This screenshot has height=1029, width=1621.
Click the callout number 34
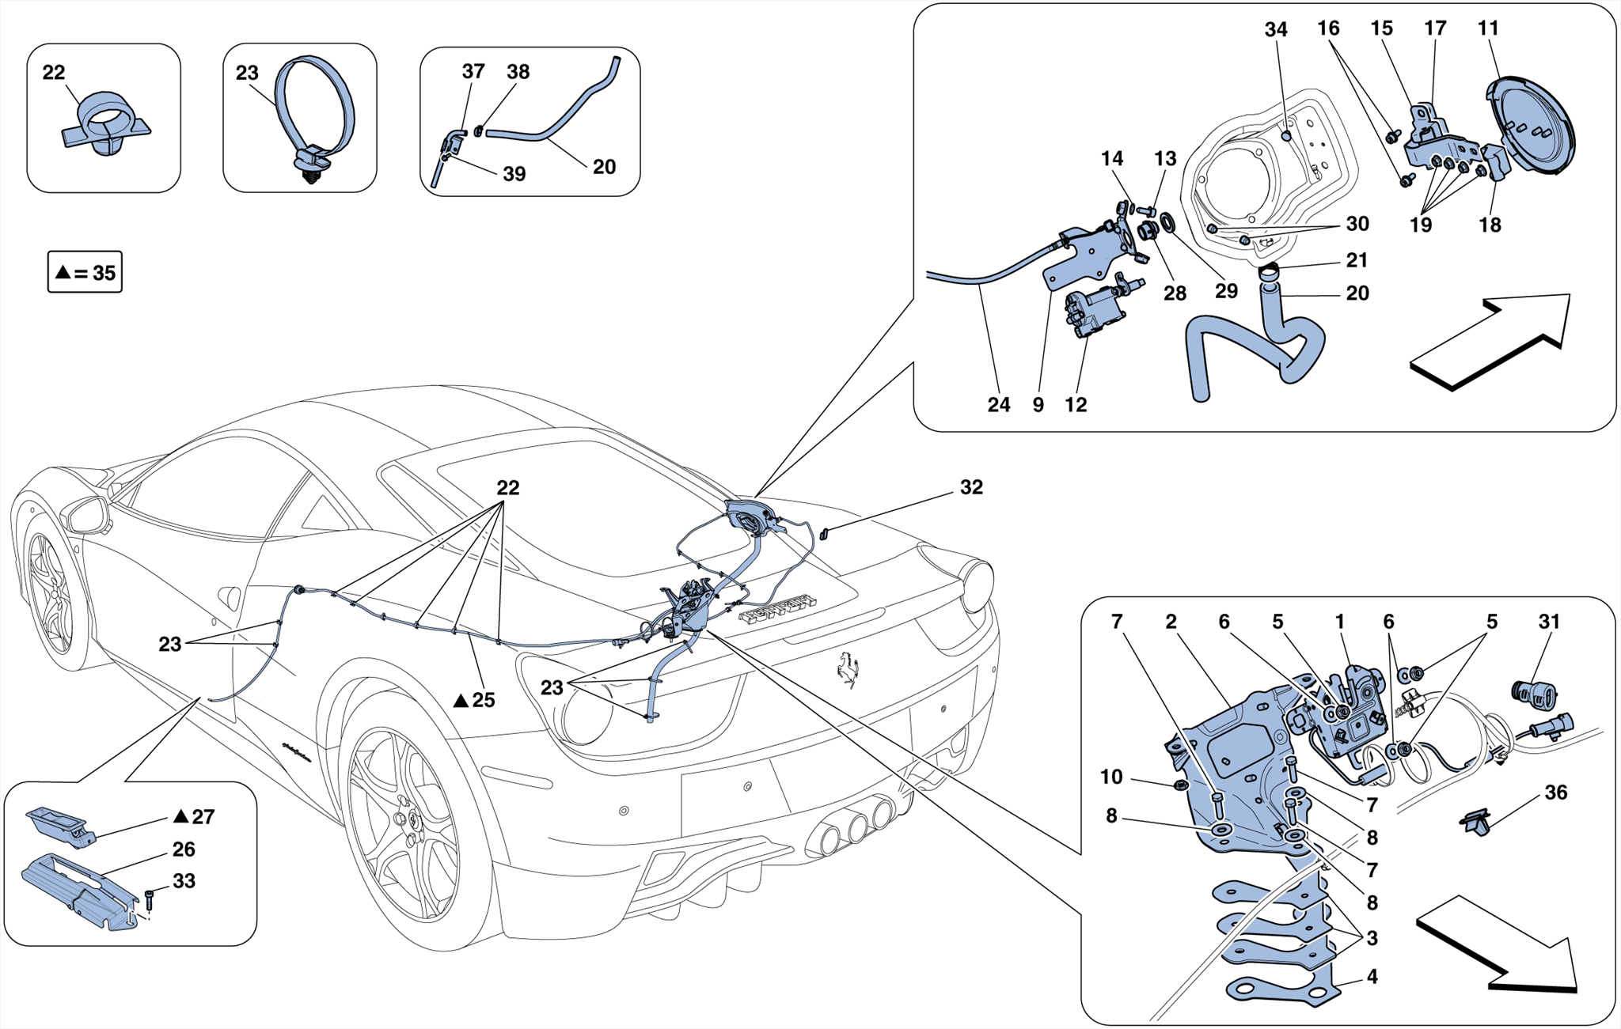(1275, 30)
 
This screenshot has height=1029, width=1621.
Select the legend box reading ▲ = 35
(85, 273)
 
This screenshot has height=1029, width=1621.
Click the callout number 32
(971, 488)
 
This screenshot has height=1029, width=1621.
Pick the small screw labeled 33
(150, 898)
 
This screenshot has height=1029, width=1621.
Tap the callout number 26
(184, 849)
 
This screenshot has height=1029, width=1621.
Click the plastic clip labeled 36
(1475, 823)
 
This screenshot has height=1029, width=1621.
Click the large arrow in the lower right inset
(1496, 945)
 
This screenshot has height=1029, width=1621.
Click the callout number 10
(1111, 777)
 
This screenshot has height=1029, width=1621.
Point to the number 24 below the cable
(998, 405)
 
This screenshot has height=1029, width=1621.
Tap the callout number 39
(514, 174)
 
